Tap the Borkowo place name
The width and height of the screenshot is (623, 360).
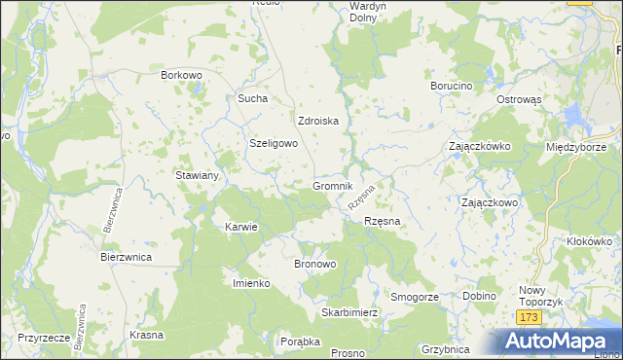(180, 74)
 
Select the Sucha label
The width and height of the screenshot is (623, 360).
(252, 98)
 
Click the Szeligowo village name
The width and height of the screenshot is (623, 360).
(274, 142)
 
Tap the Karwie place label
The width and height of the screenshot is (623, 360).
(240, 227)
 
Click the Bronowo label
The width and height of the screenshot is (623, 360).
(314, 264)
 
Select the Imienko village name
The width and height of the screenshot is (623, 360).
(250, 283)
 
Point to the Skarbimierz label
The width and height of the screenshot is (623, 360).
(349, 313)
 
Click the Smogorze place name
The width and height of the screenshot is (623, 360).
(415, 296)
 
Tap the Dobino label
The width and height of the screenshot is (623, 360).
(479, 296)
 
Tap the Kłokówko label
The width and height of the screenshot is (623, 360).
(588, 240)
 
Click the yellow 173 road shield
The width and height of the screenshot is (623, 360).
(529, 318)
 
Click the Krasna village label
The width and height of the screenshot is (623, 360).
(145, 334)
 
